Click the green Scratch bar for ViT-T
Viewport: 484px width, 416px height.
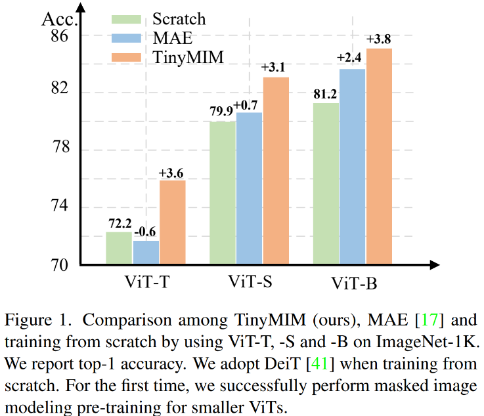point(119,249)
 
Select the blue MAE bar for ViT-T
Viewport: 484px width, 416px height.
point(146,253)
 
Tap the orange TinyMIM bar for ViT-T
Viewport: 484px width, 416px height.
point(172,223)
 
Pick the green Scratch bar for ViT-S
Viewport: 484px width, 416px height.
point(223,194)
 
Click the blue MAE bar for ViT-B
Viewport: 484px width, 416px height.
point(352,167)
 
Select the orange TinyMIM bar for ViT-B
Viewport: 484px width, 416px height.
point(379,157)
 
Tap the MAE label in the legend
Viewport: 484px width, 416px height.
point(171,39)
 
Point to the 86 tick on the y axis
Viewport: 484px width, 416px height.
point(60,36)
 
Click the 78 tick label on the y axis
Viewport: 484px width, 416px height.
point(60,150)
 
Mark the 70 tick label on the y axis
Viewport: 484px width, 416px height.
point(60,264)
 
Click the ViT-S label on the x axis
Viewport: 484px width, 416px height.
point(250,283)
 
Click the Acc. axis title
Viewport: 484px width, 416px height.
point(60,17)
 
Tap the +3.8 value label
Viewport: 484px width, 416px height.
point(379,40)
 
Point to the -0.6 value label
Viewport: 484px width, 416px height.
point(145,233)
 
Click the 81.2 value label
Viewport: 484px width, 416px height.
point(326,94)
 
